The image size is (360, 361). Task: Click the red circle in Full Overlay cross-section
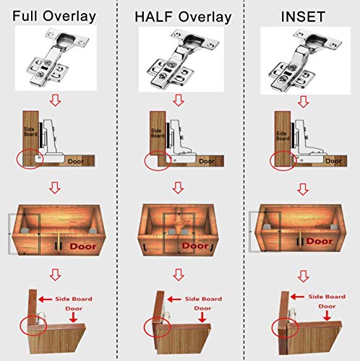[30, 157]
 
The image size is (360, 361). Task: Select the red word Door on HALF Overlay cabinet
[195, 246]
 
